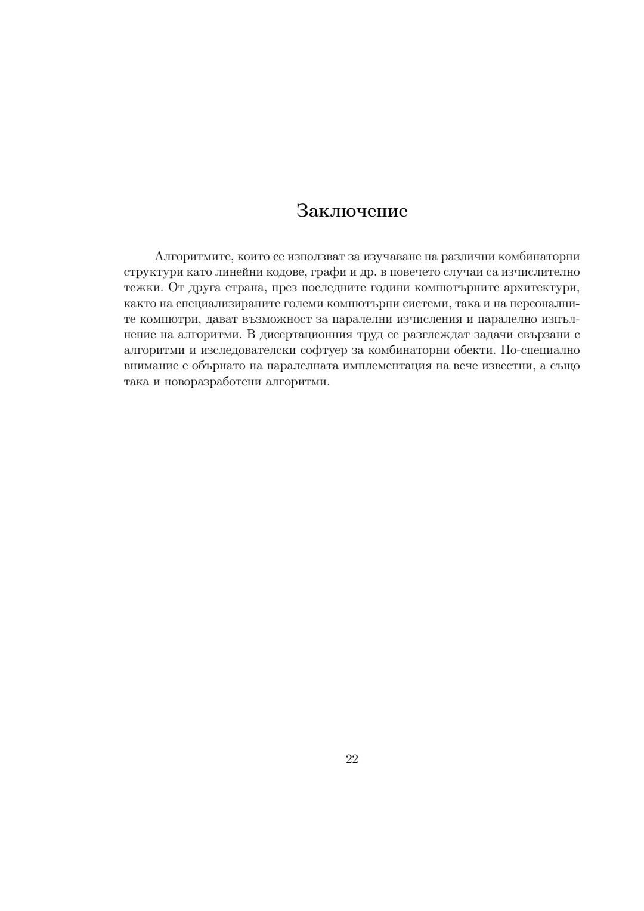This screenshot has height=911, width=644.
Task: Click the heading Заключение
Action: pyautogui.click(x=352, y=211)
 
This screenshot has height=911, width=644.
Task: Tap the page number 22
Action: pyautogui.click(x=352, y=759)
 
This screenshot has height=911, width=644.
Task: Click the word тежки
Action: pyautogui.click(x=141, y=288)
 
